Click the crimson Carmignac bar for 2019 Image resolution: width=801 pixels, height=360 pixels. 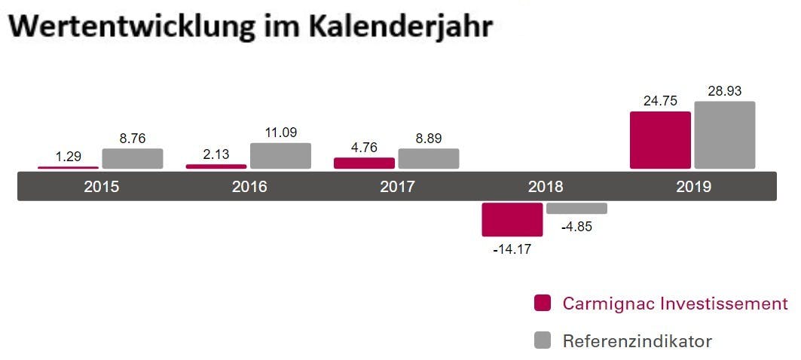tap(660, 140)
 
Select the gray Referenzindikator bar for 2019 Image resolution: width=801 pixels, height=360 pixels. tap(724, 135)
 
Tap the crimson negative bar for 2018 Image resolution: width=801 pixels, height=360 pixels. tap(512, 219)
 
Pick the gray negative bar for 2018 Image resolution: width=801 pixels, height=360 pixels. tap(576, 208)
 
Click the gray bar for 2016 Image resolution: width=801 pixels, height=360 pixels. tap(280, 156)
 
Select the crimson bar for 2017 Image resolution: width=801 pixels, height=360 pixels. tap(364, 163)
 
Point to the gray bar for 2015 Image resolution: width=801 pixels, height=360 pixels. tap(133, 158)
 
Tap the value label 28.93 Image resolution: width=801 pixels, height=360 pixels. tap(725, 91)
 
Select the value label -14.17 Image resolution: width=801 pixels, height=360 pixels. tap(512, 249)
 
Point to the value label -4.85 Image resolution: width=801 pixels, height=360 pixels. tap(576, 227)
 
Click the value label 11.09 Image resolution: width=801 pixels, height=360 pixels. tap(280, 133)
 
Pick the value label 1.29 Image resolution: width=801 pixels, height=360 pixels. tap(69, 157)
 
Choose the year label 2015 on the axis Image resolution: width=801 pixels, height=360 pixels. tap(102, 187)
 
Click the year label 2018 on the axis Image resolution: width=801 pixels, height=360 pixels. tap(545, 187)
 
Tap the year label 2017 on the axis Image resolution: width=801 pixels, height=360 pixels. tap(397, 187)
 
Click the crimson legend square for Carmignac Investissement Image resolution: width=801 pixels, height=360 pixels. tap(543, 303)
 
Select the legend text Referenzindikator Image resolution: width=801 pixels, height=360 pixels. tap(637, 341)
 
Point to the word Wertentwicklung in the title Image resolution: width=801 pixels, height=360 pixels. tap(142, 26)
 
